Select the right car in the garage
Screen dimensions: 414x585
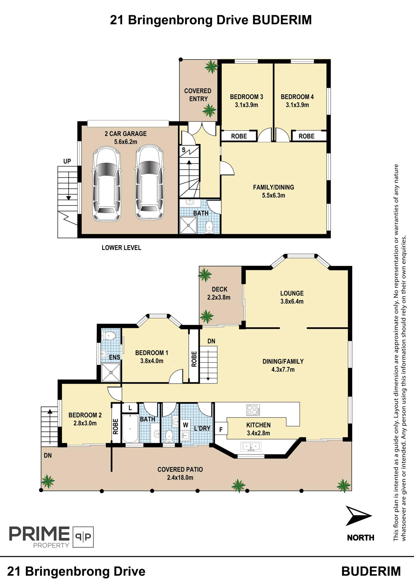tap(149, 183)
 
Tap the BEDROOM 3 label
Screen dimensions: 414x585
tap(246, 97)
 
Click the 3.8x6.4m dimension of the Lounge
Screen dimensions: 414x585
tap(292, 301)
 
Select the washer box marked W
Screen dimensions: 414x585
tap(186, 425)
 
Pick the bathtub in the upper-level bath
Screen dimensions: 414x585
tap(130, 429)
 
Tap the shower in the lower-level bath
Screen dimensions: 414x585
tap(188, 225)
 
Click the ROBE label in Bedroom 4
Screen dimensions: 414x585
tap(306, 136)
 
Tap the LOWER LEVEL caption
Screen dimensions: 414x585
tap(121, 248)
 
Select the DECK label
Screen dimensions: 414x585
tap(220, 289)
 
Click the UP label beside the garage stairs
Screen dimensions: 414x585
tap(67, 161)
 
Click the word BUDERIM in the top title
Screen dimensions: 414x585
tap(282, 20)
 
